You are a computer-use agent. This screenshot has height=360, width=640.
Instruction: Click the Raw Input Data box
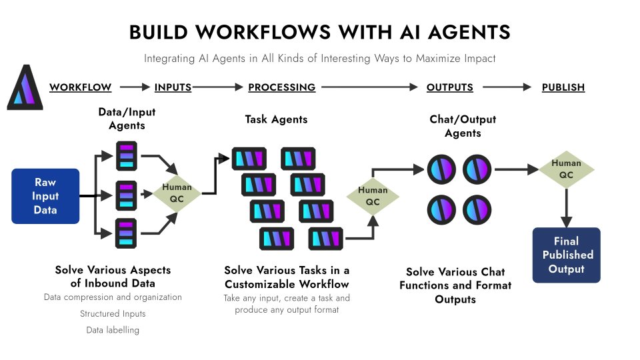click(45, 196)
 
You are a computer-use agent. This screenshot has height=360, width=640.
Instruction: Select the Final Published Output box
click(566, 255)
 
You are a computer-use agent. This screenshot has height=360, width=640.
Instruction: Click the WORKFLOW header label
click(80, 87)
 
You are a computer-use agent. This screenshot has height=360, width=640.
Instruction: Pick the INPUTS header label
click(173, 87)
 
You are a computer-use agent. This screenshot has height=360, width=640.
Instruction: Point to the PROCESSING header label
click(281, 87)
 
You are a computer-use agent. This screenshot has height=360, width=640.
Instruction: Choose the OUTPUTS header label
click(449, 87)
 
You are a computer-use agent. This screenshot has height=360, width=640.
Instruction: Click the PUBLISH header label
click(563, 87)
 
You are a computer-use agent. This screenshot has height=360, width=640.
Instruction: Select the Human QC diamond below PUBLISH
click(566, 169)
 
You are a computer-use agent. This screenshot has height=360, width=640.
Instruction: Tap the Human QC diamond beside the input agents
click(177, 193)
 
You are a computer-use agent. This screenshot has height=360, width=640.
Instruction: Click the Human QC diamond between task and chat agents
click(373, 196)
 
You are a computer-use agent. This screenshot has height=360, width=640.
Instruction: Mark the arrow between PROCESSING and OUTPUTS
click(370, 87)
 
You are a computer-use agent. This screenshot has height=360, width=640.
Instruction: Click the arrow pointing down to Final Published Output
click(566, 207)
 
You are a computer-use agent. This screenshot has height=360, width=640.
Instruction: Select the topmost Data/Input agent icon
click(126, 155)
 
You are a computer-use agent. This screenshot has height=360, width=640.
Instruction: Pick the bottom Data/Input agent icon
click(126, 233)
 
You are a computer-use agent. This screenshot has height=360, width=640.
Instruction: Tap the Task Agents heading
click(276, 119)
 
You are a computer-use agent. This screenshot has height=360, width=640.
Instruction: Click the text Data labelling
click(113, 330)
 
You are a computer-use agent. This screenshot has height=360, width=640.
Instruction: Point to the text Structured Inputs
click(113, 313)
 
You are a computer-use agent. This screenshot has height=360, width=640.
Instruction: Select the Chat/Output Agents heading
click(463, 126)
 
